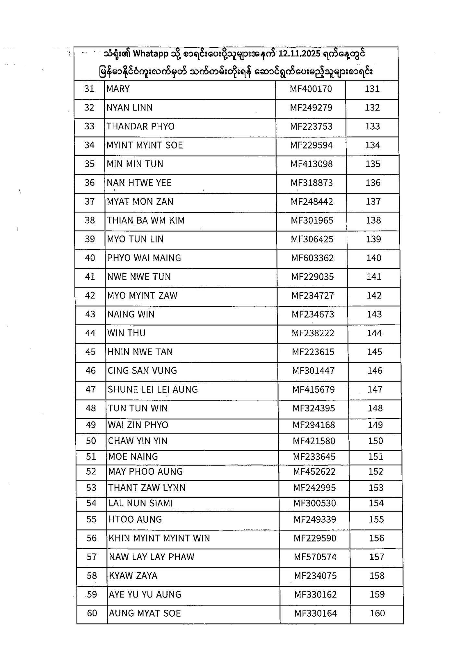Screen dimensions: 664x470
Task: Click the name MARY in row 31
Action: [x=118, y=89]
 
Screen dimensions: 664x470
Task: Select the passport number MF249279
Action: [x=311, y=108]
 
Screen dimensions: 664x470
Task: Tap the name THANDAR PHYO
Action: [x=141, y=126]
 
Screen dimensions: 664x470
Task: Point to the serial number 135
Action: [x=373, y=164]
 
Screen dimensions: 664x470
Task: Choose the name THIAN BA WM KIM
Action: [x=146, y=220]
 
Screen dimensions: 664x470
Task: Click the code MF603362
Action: [x=312, y=258]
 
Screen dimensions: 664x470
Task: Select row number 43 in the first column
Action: [x=90, y=314]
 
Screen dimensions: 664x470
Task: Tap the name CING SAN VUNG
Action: [x=142, y=371]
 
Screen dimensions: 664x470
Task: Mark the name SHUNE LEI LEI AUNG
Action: [x=153, y=389]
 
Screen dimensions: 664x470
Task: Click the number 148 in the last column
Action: [x=375, y=408]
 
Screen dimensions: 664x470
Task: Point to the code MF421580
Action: [x=314, y=441]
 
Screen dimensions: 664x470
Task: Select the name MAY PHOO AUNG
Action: [x=145, y=471]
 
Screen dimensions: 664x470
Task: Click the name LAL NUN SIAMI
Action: [x=141, y=503]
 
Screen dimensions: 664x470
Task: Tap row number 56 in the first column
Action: [x=92, y=538]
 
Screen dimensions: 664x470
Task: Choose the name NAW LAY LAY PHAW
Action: [x=152, y=557]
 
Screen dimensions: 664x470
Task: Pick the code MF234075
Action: [x=315, y=576]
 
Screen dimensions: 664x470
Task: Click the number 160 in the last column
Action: [x=377, y=613]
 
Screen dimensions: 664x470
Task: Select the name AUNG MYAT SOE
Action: [x=145, y=613]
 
